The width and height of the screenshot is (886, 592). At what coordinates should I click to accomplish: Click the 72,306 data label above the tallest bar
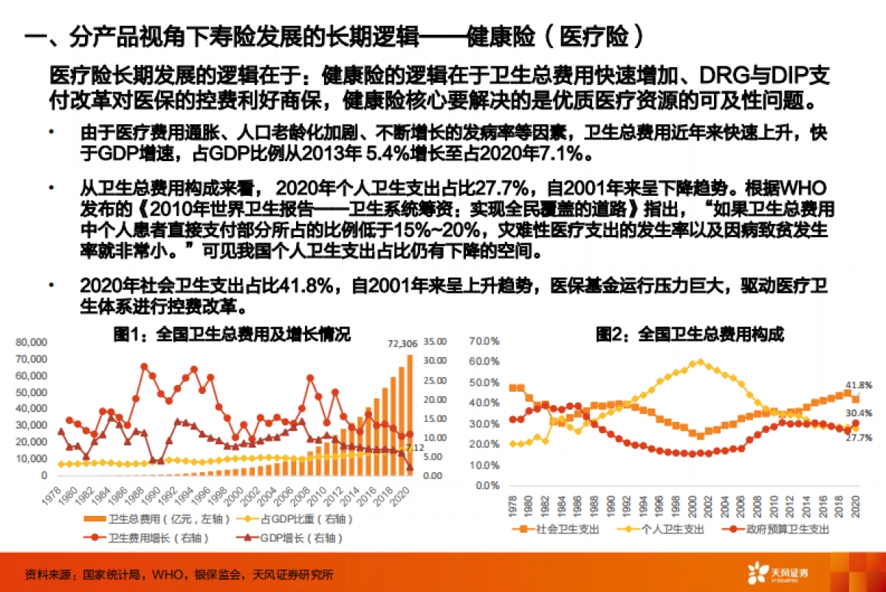402,344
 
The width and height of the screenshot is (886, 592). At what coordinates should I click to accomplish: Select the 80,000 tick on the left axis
30,343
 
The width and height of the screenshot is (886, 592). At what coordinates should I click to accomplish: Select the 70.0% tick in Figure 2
485,342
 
